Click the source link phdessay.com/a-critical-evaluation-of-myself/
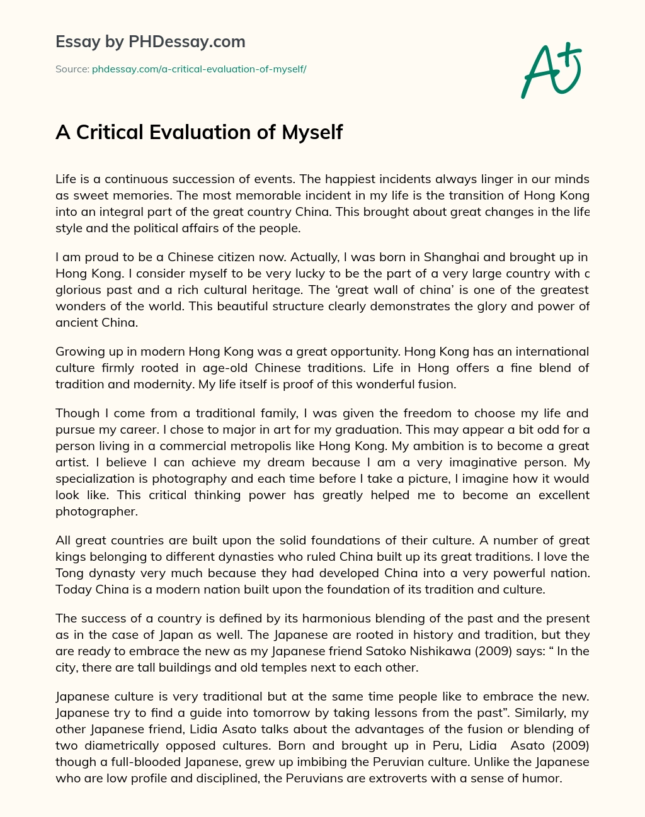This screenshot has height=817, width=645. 199,69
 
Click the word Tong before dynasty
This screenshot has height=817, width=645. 69,573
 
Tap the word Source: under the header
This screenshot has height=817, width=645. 72,69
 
